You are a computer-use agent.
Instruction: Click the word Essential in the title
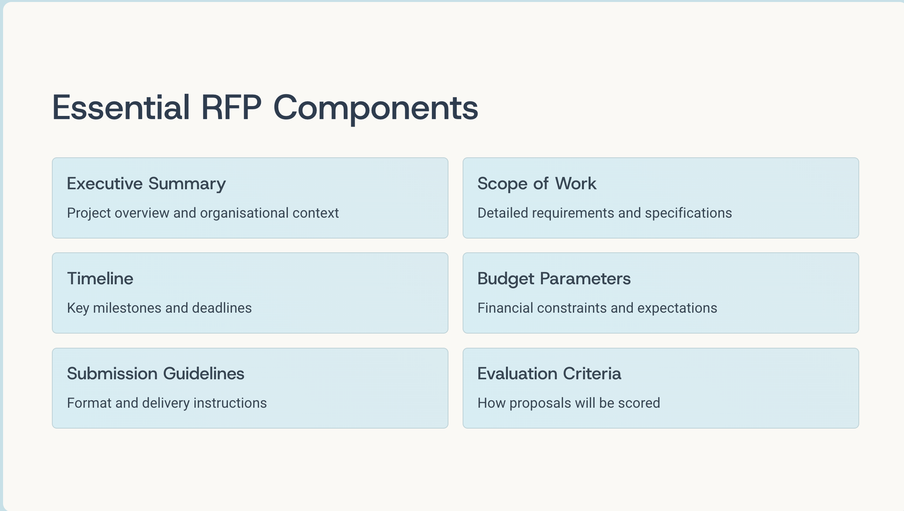(121, 107)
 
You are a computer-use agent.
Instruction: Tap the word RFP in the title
(231, 107)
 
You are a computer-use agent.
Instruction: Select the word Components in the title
(375, 108)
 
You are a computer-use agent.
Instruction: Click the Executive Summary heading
(146, 184)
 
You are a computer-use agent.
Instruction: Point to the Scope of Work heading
(537, 184)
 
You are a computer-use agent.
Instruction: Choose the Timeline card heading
(100, 279)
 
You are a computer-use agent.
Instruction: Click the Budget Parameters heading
(554, 279)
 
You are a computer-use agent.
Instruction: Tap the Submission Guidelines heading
(155, 374)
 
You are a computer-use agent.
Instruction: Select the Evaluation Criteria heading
(549, 374)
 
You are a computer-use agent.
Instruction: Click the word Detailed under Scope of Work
(502, 213)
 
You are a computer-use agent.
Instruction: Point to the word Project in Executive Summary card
(89, 214)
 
